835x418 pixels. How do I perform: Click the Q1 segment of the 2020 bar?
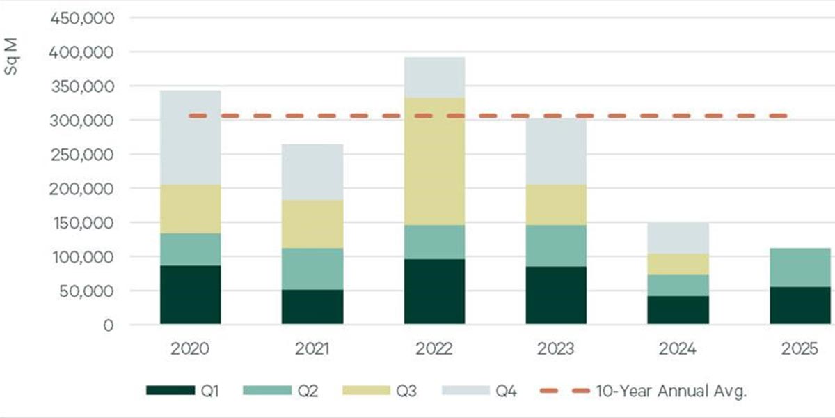tap(190, 295)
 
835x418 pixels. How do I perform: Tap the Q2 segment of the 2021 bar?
tap(312, 268)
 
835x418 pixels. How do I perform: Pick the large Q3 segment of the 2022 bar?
tap(434, 161)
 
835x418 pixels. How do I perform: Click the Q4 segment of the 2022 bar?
tap(434, 77)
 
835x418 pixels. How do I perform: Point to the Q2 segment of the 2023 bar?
tap(556, 245)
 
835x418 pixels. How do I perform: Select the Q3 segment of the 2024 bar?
tap(678, 264)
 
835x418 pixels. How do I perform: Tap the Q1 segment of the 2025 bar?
tap(800, 305)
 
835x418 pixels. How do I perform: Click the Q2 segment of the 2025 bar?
tap(800, 267)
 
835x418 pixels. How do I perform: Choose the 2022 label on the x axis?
tap(434, 348)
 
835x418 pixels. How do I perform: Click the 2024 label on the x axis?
tap(678, 348)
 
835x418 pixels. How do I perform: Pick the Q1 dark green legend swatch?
tap(170, 391)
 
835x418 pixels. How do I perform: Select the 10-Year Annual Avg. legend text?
tap(671, 391)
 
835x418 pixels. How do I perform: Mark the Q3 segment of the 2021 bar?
tap(312, 224)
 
